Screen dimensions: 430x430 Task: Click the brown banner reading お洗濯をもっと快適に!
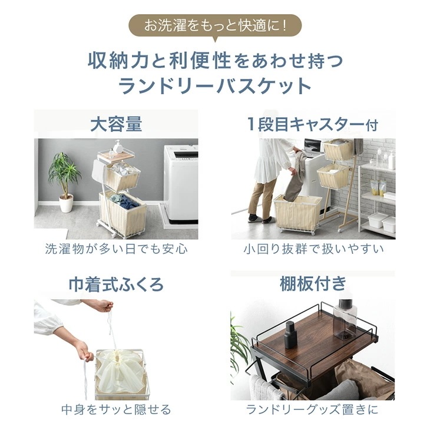point(215,26)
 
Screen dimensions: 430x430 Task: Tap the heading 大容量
point(116,124)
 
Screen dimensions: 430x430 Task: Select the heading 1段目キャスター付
point(312,124)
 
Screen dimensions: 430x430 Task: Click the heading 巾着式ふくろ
point(116,285)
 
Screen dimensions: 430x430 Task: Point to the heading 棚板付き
point(313,285)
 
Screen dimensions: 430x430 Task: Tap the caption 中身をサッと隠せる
point(116,409)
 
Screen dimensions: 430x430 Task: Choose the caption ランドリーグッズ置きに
point(313,409)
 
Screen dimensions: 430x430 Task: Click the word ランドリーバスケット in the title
point(215,86)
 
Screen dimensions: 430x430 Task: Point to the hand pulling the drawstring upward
point(104,306)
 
